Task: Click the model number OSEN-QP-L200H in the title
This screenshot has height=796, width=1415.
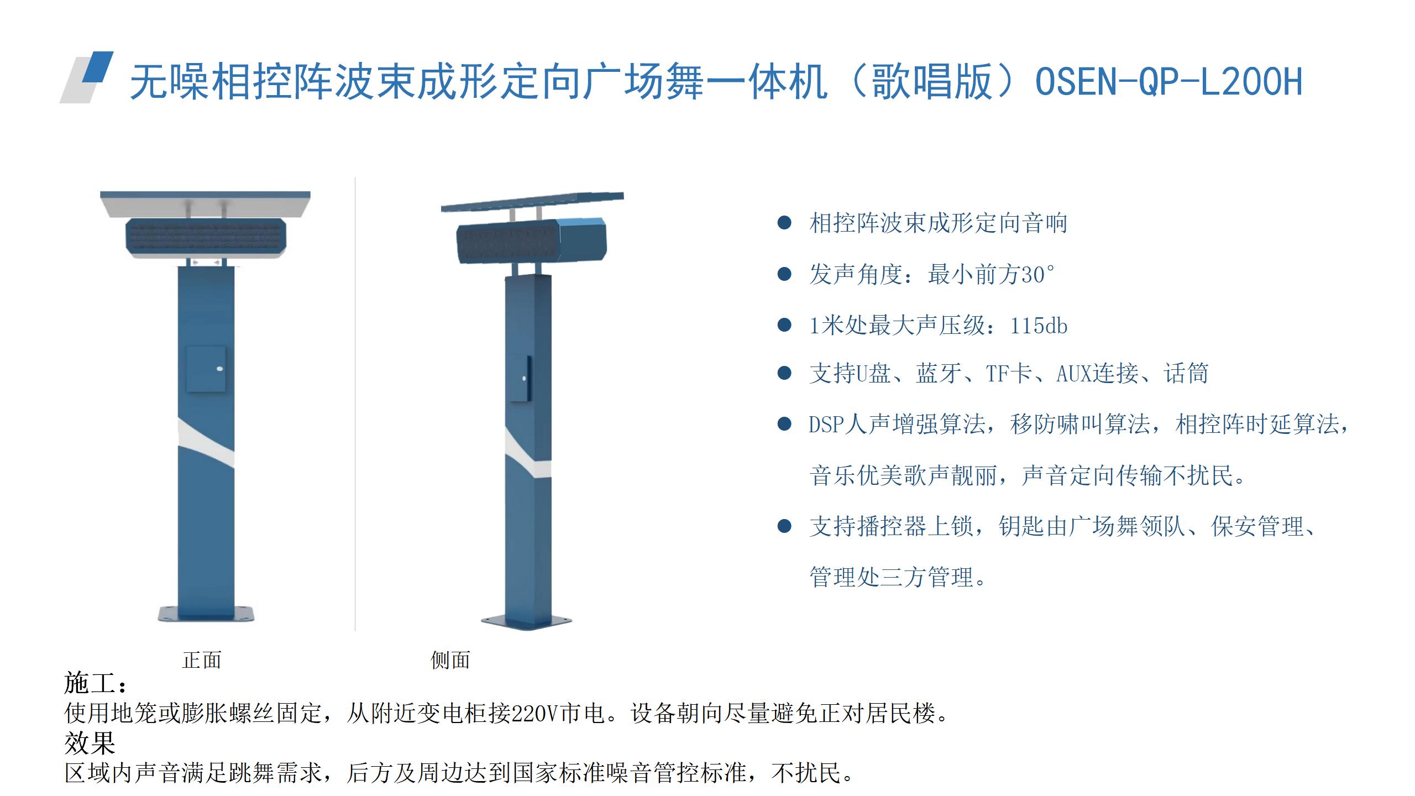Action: click(x=1168, y=82)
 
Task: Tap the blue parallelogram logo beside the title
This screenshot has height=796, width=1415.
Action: click(x=98, y=67)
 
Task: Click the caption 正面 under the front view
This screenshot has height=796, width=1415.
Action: click(x=202, y=660)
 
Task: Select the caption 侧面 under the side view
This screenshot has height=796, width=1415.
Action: click(x=450, y=660)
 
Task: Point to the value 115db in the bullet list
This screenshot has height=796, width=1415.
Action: click(x=1039, y=326)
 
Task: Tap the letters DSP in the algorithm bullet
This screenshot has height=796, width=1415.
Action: click(x=827, y=425)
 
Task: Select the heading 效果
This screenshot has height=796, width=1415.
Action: click(x=90, y=743)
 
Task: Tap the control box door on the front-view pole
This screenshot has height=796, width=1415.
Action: click(x=206, y=369)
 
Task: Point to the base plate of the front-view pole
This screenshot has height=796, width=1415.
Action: click(x=206, y=614)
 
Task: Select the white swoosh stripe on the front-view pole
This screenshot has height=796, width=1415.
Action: click(x=206, y=443)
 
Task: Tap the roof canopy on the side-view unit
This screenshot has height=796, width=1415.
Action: click(x=532, y=201)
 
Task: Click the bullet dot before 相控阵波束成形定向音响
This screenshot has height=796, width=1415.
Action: click(x=784, y=223)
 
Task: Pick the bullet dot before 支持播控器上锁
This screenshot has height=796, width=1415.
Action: click(x=784, y=526)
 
